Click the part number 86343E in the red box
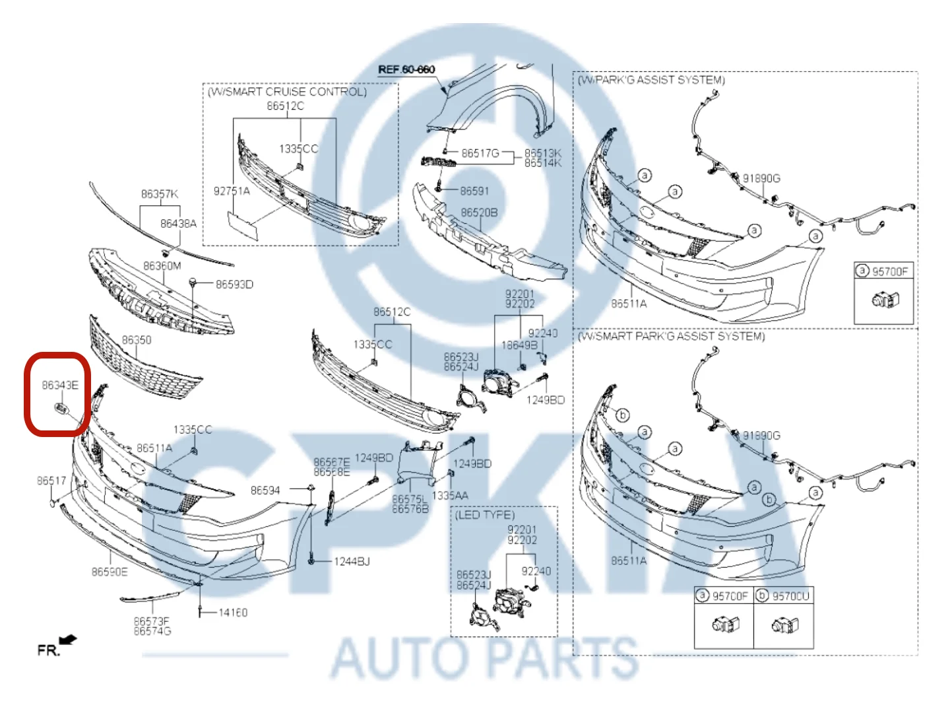click(60, 385)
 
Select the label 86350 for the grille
click(137, 340)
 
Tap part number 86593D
click(234, 285)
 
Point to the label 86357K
click(160, 194)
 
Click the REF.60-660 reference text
click(406, 69)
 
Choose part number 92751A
click(232, 191)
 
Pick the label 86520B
click(479, 213)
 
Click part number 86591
click(474, 191)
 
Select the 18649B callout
click(519, 345)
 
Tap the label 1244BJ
click(352, 562)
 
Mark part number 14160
click(233, 613)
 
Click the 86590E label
click(110, 572)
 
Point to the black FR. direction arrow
click(68, 640)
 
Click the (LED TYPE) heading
click(485, 515)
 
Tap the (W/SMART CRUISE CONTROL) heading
click(287, 92)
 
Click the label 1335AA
click(450, 496)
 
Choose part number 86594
click(265, 491)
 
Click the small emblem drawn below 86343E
click(61, 409)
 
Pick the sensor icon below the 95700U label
click(785, 625)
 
